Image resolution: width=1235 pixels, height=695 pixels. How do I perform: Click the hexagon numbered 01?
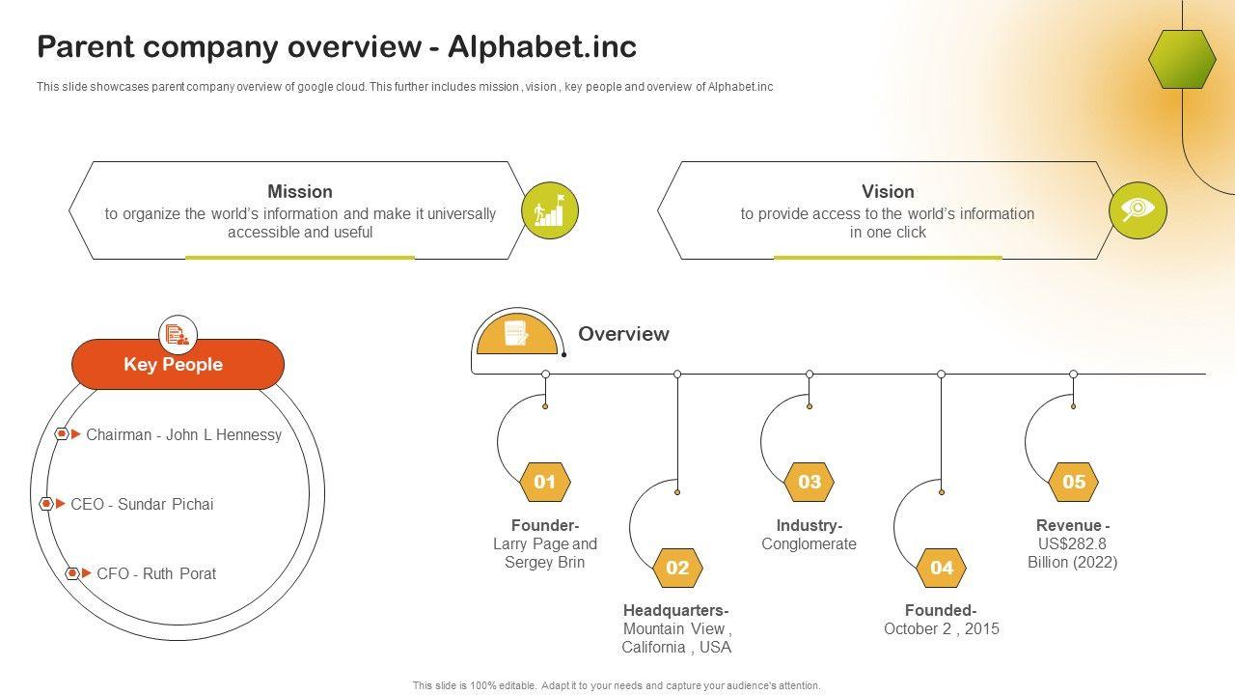click(545, 482)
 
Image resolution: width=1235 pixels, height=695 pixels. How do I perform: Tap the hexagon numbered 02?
click(677, 568)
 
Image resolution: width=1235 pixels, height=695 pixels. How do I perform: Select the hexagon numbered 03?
click(809, 482)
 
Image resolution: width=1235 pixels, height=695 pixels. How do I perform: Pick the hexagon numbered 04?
click(941, 568)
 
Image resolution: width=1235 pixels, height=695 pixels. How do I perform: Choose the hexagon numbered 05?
click(1073, 482)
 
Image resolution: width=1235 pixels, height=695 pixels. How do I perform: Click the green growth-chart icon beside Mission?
click(550, 210)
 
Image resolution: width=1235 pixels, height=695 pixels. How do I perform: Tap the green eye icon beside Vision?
click(1138, 210)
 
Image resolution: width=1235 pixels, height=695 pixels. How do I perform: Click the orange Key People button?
click(178, 364)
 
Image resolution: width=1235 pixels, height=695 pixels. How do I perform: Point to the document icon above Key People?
click(178, 334)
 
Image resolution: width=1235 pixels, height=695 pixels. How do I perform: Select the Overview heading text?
click(623, 334)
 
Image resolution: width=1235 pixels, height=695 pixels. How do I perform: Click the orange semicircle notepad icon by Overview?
click(517, 334)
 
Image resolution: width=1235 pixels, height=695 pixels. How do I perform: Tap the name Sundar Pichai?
click(165, 504)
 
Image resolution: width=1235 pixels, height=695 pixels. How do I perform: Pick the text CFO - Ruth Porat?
click(156, 573)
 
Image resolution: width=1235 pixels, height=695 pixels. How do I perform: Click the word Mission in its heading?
click(300, 191)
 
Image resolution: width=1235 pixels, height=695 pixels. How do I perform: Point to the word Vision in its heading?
click(888, 191)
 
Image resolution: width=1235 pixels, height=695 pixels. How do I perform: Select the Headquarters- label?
click(676, 610)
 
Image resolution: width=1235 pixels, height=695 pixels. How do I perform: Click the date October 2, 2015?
click(941, 628)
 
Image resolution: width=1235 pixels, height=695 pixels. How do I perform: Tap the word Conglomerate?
click(809, 543)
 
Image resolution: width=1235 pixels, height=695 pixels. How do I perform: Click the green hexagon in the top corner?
click(1182, 59)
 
